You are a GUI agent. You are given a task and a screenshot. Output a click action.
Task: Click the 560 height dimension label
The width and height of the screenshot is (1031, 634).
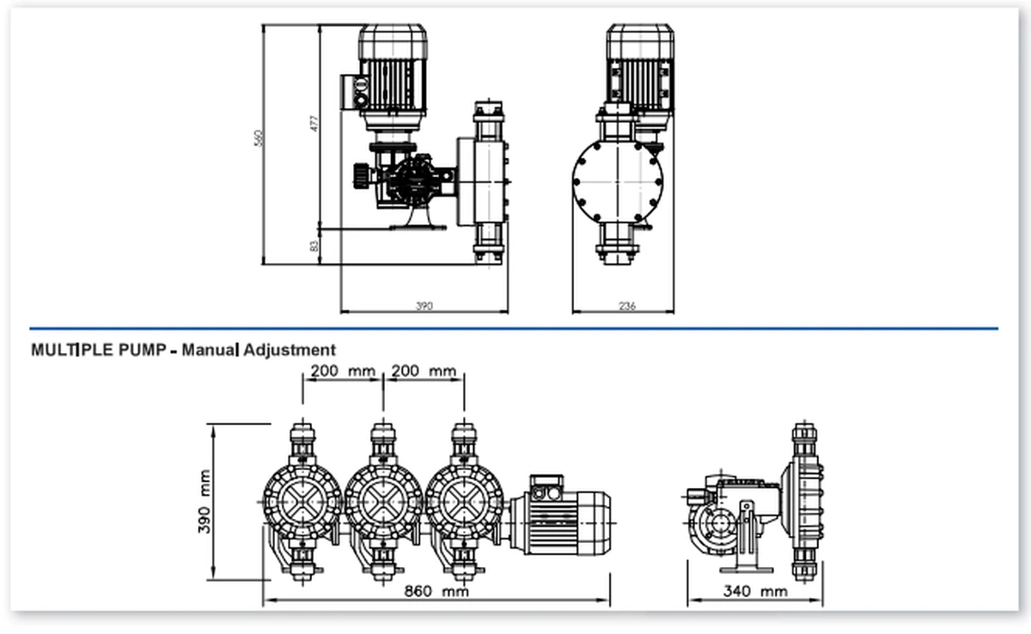[259, 138]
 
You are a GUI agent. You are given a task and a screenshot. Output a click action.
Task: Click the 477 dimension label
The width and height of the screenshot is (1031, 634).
[314, 124]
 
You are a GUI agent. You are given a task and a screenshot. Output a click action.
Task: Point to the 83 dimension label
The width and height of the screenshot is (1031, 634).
[314, 247]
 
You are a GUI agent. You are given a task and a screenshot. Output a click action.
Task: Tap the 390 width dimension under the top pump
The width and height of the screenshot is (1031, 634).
[424, 306]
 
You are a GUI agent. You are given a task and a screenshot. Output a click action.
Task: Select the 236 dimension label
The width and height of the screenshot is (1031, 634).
[627, 306]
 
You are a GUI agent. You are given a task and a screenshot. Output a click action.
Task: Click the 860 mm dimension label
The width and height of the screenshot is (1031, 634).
[436, 591]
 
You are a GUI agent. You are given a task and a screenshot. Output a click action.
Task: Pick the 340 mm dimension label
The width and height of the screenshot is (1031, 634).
[755, 591]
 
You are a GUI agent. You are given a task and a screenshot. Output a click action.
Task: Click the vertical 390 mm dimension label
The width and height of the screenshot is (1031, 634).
[204, 502]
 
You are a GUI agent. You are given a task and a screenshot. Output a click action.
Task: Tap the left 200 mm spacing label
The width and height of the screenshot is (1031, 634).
[343, 371]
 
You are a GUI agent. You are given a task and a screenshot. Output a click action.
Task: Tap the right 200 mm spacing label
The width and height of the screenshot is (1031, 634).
[424, 371]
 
